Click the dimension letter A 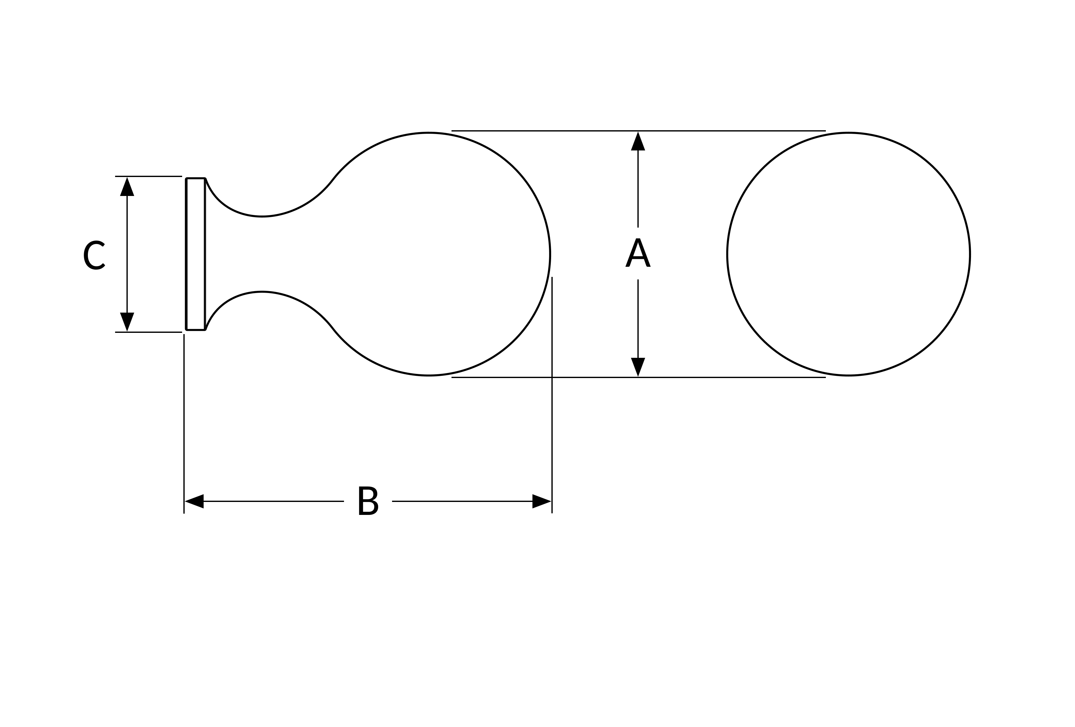[x=638, y=253]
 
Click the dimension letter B [x=368, y=500]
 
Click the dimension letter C [x=94, y=255]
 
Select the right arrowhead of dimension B [x=542, y=501]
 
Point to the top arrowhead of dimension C [x=127, y=186]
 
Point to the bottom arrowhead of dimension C [x=127, y=322]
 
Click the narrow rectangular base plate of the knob [x=195, y=254]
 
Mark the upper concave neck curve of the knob [x=262, y=216]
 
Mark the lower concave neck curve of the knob [x=262, y=292]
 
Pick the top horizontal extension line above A [x=638, y=131]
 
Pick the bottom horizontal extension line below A [x=638, y=377]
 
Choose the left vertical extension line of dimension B [x=184, y=424]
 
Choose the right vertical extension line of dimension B [x=552, y=395]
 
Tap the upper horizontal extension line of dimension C [x=149, y=176]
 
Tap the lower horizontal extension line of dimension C [x=149, y=333]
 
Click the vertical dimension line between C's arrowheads [x=127, y=254]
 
